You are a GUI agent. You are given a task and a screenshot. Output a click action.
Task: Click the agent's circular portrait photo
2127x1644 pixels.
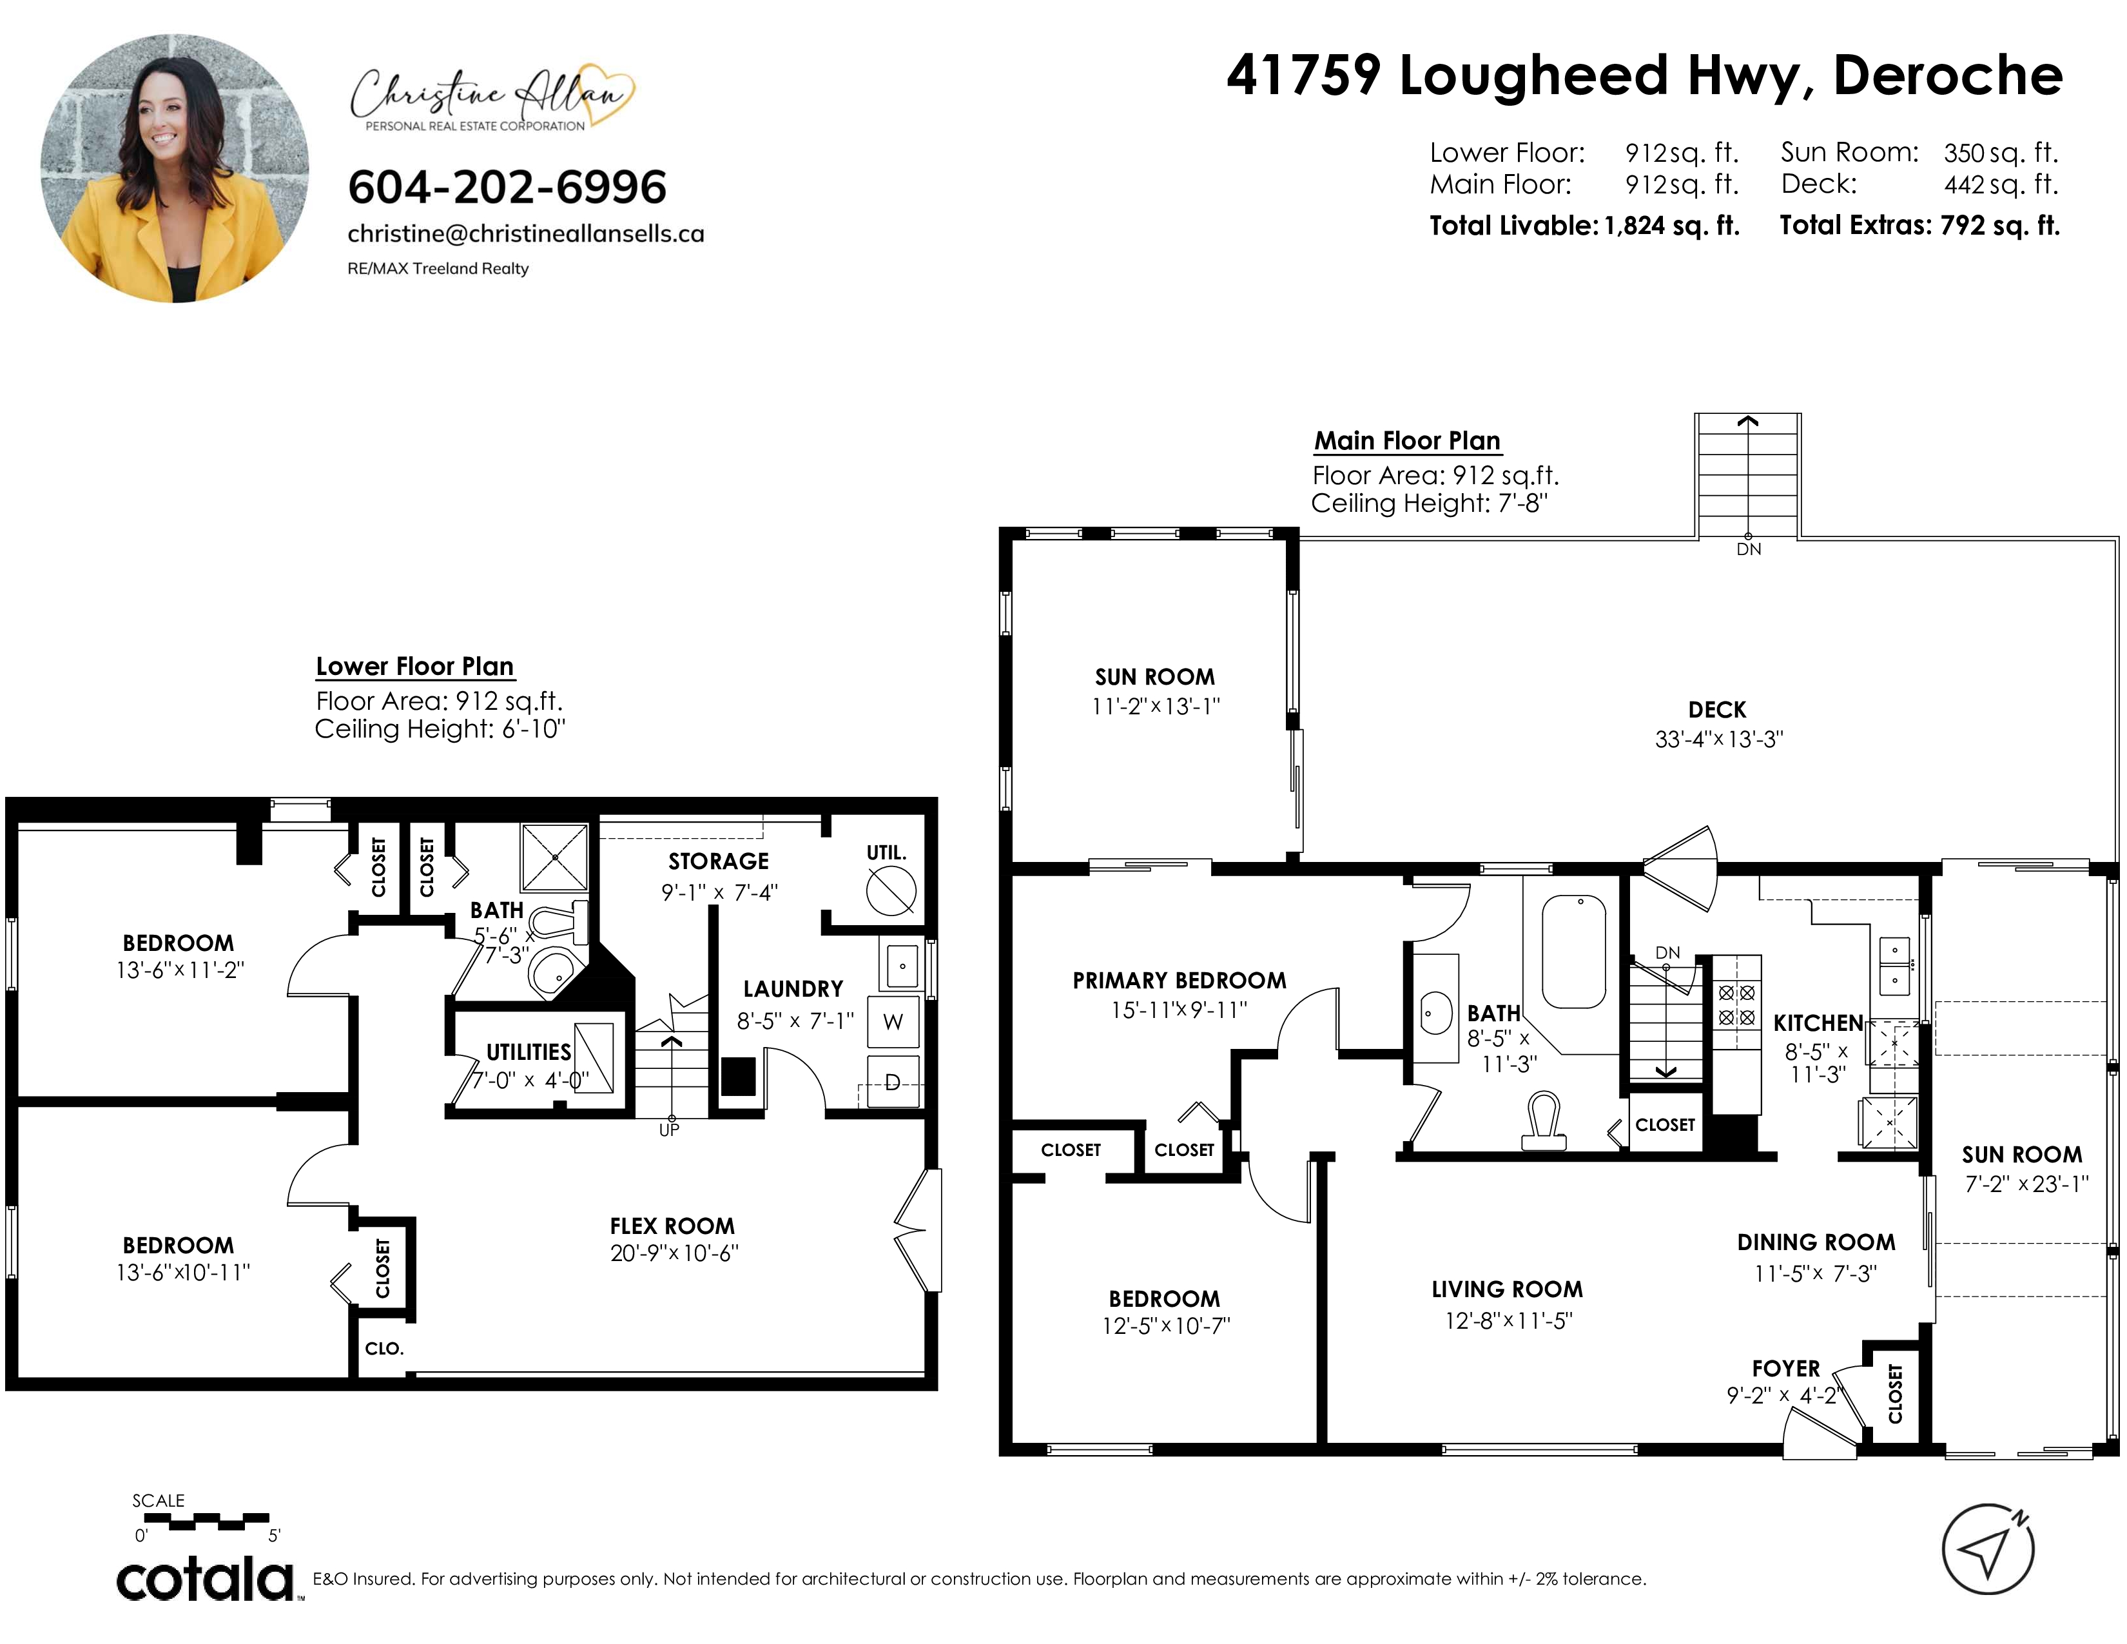click(x=174, y=168)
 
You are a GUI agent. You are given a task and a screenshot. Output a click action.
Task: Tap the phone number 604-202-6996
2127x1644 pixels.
click(x=507, y=187)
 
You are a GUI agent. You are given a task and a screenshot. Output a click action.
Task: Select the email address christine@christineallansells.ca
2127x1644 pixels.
click(x=526, y=235)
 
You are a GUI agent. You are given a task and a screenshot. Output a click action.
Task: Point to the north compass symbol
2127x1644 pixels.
click(x=1988, y=1549)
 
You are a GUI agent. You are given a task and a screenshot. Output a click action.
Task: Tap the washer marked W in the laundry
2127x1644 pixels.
click(x=893, y=1022)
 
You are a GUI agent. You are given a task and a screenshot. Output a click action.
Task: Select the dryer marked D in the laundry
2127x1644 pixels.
click(x=893, y=1082)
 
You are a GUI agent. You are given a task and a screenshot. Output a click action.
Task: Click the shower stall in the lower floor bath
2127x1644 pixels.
click(x=555, y=857)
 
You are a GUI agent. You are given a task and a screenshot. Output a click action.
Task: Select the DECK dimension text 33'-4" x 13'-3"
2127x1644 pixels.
click(x=1719, y=739)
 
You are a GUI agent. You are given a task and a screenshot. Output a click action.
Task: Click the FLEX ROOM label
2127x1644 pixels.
click(x=672, y=1226)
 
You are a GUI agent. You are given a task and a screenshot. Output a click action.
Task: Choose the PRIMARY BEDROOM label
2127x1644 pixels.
click(x=1180, y=981)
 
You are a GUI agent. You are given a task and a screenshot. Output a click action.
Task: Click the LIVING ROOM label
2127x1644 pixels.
click(x=1508, y=1289)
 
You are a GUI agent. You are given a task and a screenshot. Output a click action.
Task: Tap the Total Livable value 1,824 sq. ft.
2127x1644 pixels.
click(x=1672, y=226)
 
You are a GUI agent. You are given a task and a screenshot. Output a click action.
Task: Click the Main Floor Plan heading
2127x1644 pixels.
click(x=1407, y=441)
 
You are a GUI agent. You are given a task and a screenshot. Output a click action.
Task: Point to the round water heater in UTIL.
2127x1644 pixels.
click(x=891, y=890)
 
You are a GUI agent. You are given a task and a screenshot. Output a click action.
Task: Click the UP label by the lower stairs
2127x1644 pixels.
click(x=669, y=1130)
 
